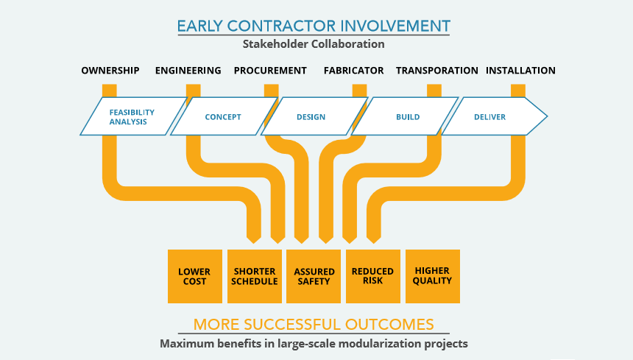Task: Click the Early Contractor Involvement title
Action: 314,27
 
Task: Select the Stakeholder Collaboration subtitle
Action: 314,44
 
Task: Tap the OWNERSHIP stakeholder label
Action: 110,71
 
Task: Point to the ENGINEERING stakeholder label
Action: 188,71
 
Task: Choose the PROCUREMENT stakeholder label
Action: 270,71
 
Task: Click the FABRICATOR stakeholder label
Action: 353,71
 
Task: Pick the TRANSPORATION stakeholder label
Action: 437,71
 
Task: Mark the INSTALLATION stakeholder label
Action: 520,71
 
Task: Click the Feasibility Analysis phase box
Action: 132,116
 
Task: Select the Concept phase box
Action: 223,116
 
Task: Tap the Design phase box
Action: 311,116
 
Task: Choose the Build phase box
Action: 408,116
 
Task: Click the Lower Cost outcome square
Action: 194,276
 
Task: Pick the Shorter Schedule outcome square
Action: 254,276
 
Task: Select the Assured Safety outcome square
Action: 314,276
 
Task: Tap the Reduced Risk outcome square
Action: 372,276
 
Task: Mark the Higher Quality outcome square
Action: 432,276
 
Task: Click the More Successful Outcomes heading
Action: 314,324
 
